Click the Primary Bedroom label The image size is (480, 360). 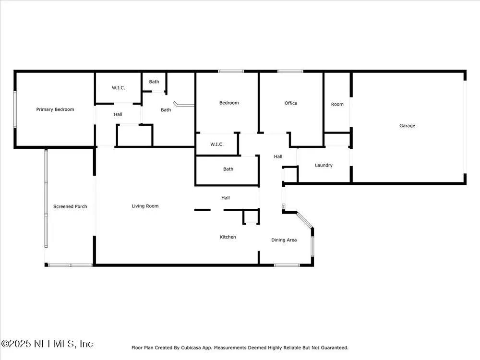[55, 109]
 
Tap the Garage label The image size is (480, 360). [407, 126]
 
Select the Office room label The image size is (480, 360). [291, 103]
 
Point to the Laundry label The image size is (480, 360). [324, 165]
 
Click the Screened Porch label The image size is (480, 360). [70, 206]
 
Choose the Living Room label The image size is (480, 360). [145, 206]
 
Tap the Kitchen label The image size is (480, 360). [228, 237]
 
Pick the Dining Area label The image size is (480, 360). [284, 240]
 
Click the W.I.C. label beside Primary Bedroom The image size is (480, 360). [118, 88]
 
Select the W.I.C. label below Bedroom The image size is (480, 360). [217, 144]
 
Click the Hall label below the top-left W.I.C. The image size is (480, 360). [118, 115]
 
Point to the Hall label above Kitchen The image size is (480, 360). [225, 198]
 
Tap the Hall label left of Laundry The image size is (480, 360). [278, 157]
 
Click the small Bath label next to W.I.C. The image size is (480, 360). [154, 82]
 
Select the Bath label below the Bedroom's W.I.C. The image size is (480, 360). [228, 169]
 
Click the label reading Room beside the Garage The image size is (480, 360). [337, 104]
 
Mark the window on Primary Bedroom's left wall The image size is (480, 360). [15, 109]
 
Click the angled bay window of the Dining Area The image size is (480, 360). [304, 220]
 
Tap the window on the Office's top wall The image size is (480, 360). [290, 72]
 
